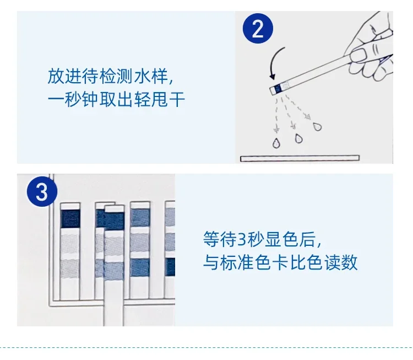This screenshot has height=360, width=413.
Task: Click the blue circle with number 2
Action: pyautogui.click(x=258, y=29)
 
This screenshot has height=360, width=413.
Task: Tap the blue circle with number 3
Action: pyautogui.click(x=42, y=192)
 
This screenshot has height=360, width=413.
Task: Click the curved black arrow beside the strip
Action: pyautogui.click(x=276, y=63)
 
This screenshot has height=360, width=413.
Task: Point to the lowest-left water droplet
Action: pyautogui.click(x=276, y=143)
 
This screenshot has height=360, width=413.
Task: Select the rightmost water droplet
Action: pyautogui.click(x=317, y=127)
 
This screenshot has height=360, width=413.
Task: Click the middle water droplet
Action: pyautogui.click(x=298, y=138)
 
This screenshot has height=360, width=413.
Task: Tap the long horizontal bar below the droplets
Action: pyautogui.click(x=300, y=158)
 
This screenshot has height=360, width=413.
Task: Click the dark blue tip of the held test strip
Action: pyautogui.click(x=278, y=89)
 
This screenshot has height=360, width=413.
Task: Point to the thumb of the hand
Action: pyautogui.click(x=358, y=54)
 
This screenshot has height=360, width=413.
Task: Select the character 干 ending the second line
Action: pyautogui.click(x=177, y=99)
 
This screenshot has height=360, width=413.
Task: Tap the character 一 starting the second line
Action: pyautogui.click(x=56, y=100)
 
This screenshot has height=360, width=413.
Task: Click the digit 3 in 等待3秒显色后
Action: pyautogui.click(x=242, y=239)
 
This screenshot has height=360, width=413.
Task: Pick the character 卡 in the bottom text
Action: pyautogui.click(x=280, y=262)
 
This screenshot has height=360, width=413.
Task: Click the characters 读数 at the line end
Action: pyautogui.click(x=340, y=262)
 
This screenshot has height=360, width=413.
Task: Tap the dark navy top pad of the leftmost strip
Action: pyautogui.click(x=70, y=219)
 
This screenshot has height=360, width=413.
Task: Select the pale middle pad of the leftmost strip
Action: pyautogui.click(x=70, y=245)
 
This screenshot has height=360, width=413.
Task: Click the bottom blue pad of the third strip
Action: pyautogui.click(x=140, y=267)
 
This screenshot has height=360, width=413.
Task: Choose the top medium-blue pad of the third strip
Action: pyautogui.click(x=140, y=218)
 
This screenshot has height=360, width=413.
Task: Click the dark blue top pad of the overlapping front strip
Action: pyautogui.click(x=115, y=221)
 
